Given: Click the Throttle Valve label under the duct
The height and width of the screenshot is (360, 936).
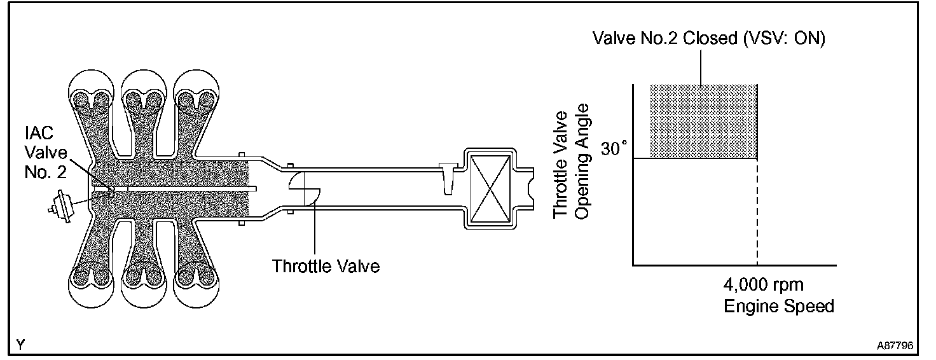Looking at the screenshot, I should [326, 265].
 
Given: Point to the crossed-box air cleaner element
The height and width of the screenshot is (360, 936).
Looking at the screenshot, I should [490, 188].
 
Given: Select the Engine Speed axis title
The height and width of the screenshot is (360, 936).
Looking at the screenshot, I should [779, 306].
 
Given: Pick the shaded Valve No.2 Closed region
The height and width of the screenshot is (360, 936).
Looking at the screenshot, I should [703, 121].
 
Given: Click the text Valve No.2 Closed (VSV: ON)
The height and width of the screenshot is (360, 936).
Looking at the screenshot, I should [709, 39].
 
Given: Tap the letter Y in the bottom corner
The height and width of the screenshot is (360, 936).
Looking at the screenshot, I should [21, 345].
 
